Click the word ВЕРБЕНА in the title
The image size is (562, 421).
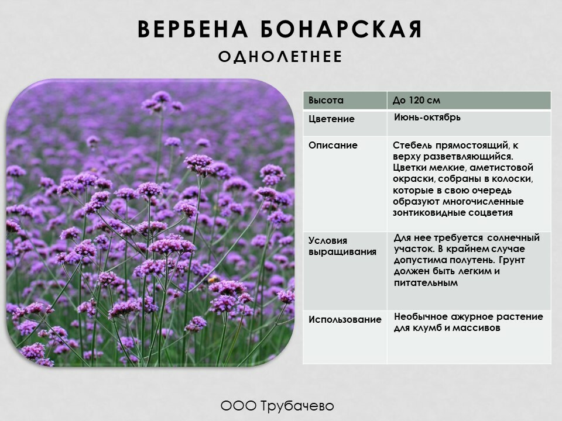point(193,29)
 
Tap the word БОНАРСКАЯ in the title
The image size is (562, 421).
point(341,29)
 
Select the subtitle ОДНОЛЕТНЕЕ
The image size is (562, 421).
point(280,57)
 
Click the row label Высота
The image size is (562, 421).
point(326,100)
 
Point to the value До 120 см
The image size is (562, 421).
point(416,100)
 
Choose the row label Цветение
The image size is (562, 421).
point(331,119)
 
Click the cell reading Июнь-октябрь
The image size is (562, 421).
point(427,118)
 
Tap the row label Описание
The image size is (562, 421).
point(333,146)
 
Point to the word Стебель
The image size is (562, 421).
point(412,146)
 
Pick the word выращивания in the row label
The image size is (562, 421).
point(342,252)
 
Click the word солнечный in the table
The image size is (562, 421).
point(513,238)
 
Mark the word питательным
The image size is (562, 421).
point(426,283)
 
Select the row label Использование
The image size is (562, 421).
point(345,320)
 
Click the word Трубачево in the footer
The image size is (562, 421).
point(297,406)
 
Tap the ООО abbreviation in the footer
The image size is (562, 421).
point(238,406)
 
